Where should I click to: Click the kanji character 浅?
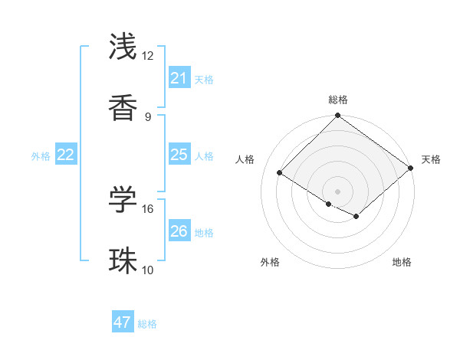tap(123, 47)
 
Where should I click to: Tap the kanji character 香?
tap(123, 110)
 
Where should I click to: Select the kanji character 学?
tap(123, 200)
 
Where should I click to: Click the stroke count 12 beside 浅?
tap(147, 56)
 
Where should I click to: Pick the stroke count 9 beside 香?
tap(147, 117)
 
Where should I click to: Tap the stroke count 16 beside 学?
tap(147, 208)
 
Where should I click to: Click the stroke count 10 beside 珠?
tap(147, 270)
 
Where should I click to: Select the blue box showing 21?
tap(179, 78)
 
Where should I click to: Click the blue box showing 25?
tap(179, 155)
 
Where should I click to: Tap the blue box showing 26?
tap(179, 231)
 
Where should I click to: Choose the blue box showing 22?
tap(66, 155)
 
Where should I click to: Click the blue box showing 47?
tap(123, 322)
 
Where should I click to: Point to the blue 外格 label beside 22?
tap(41, 156)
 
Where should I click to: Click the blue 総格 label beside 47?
tap(147, 324)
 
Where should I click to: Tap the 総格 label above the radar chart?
tap(338, 100)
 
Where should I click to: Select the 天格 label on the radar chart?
tap(431, 159)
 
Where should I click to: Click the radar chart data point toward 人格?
tap(280, 172)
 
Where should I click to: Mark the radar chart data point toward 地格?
tap(356, 217)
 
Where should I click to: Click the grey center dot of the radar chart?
tap(337, 191)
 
